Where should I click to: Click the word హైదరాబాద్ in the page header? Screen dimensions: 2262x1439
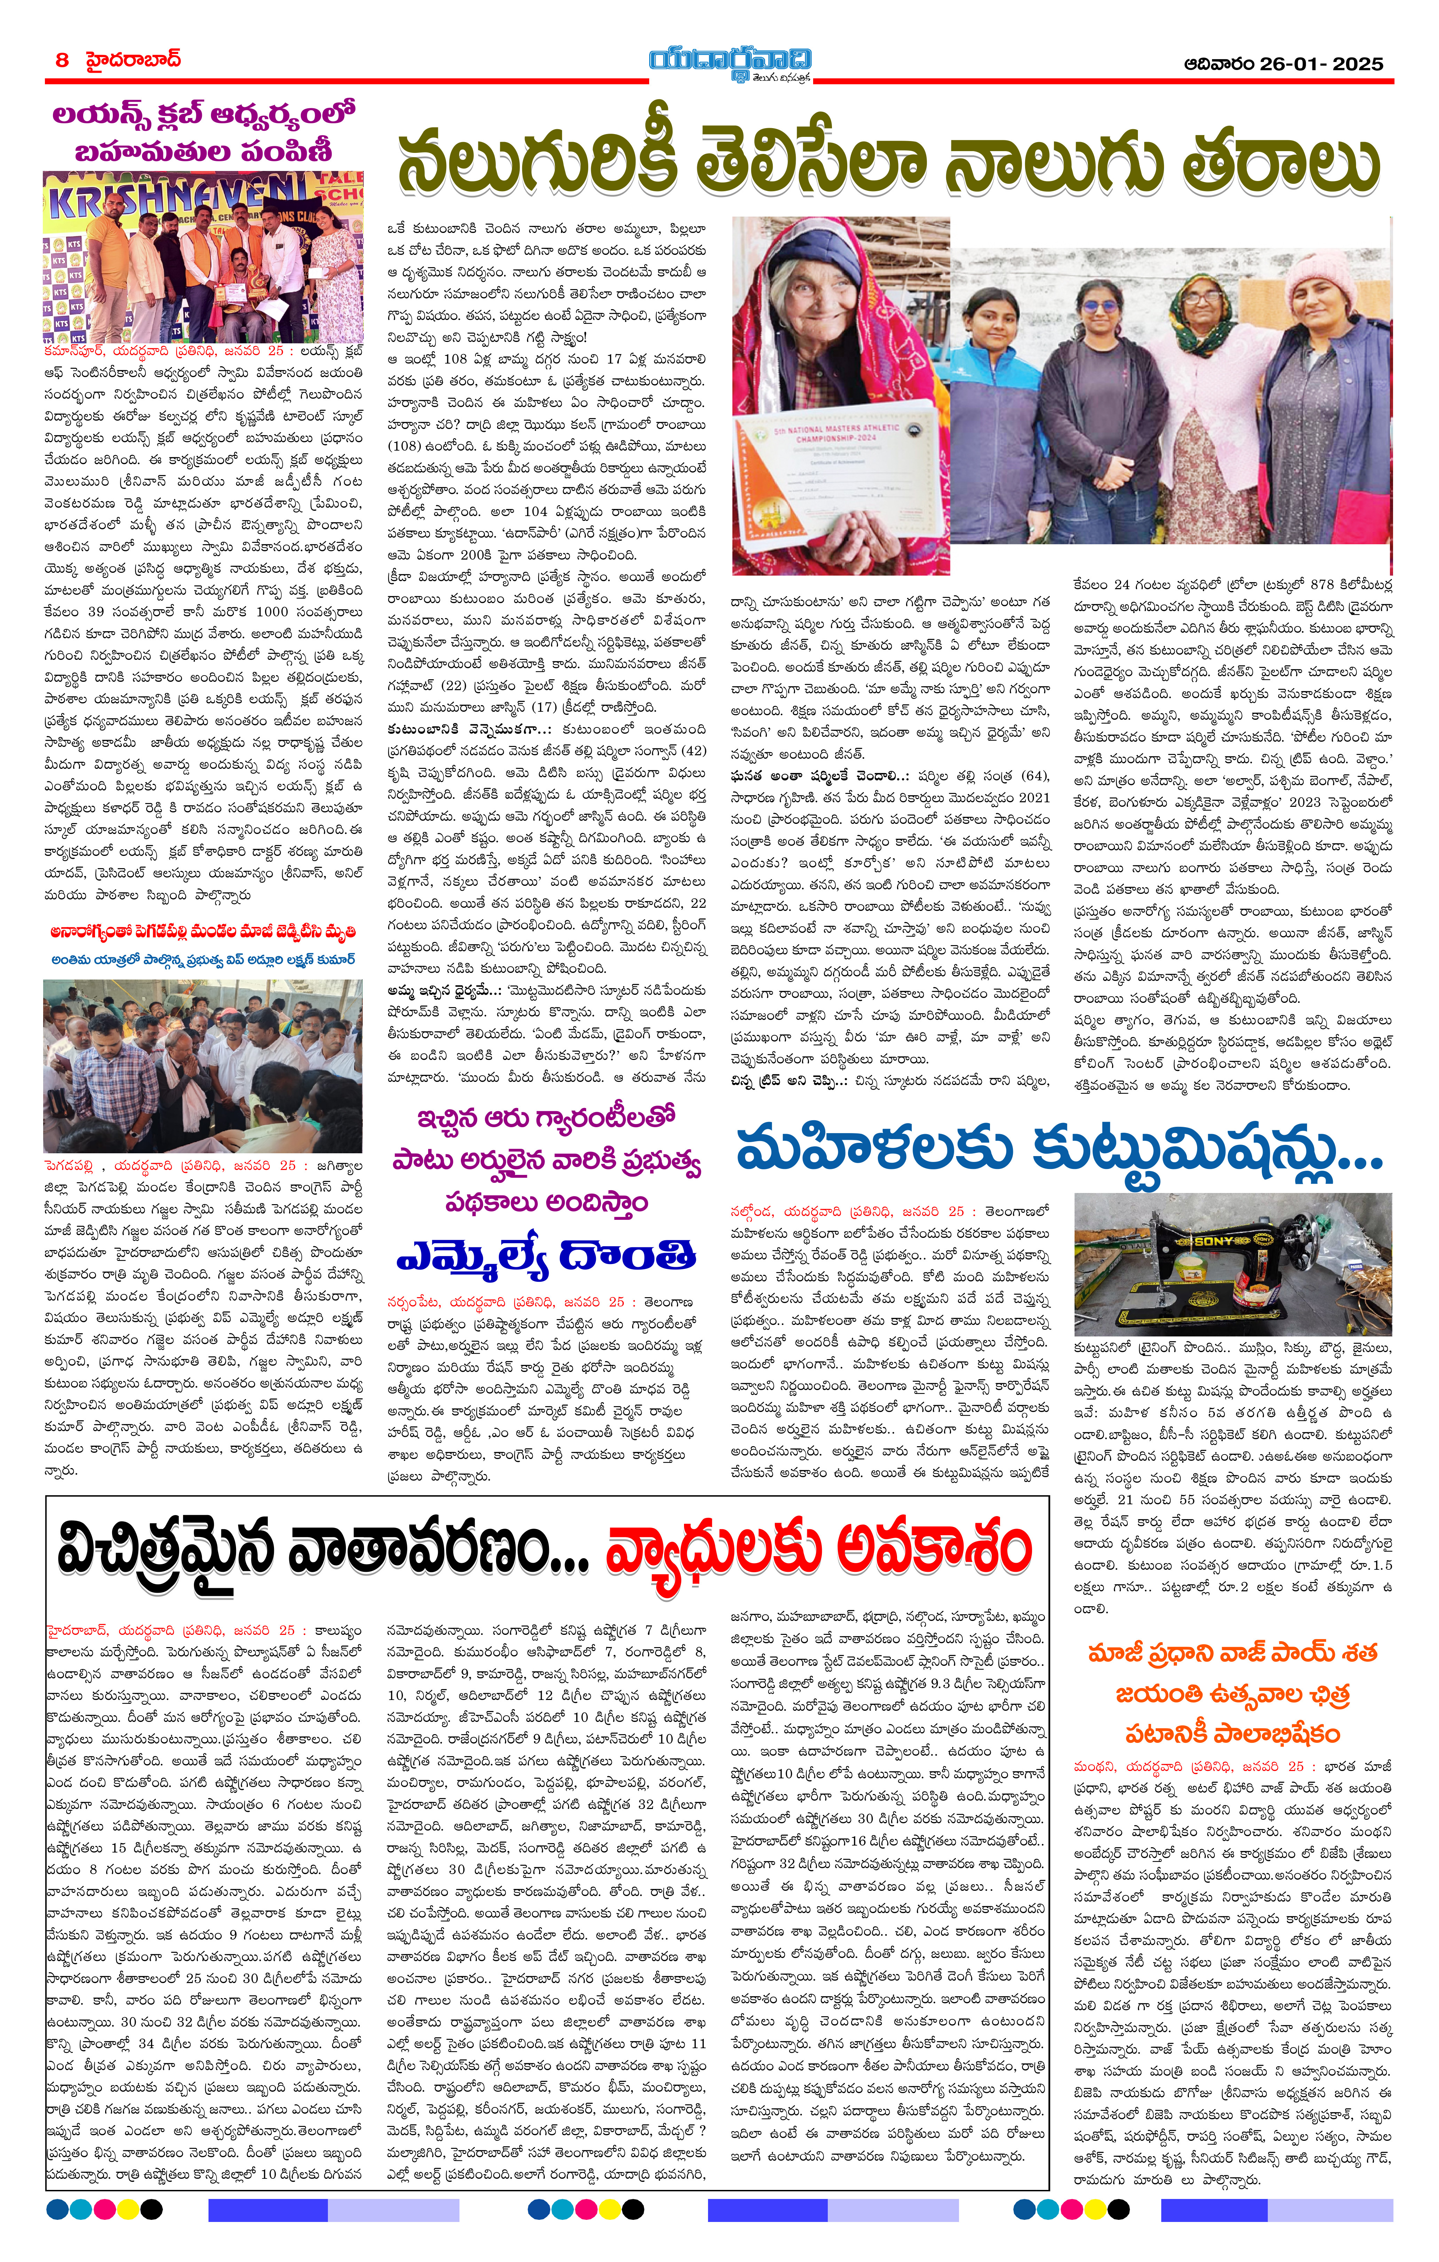pos(132,60)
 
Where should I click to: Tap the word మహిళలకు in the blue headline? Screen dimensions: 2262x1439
pos(874,1148)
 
